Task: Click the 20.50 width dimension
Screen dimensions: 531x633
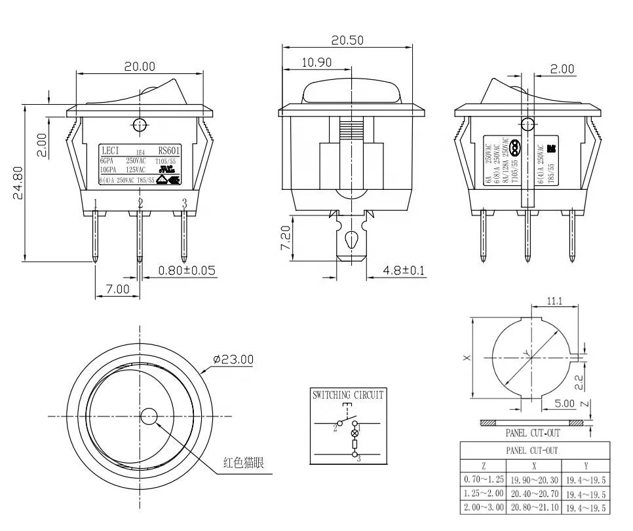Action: click(x=347, y=40)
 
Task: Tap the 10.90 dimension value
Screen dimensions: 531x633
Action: click(x=316, y=63)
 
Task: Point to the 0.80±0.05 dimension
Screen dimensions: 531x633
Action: click(x=187, y=270)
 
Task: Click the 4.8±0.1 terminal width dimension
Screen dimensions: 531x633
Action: click(x=404, y=270)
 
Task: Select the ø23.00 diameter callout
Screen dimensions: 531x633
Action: click(x=233, y=359)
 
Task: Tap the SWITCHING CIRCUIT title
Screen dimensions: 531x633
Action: click(x=348, y=395)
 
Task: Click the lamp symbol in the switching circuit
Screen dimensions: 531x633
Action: click(x=356, y=433)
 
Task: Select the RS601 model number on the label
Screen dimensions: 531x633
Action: click(x=168, y=150)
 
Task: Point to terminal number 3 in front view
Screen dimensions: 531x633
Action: click(x=184, y=204)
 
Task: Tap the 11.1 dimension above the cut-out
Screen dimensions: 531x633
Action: click(x=555, y=301)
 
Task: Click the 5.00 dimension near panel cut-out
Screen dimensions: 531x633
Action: click(x=564, y=403)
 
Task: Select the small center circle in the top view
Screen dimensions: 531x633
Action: click(x=149, y=416)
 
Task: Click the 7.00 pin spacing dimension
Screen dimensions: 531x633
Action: click(x=118, y=289)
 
